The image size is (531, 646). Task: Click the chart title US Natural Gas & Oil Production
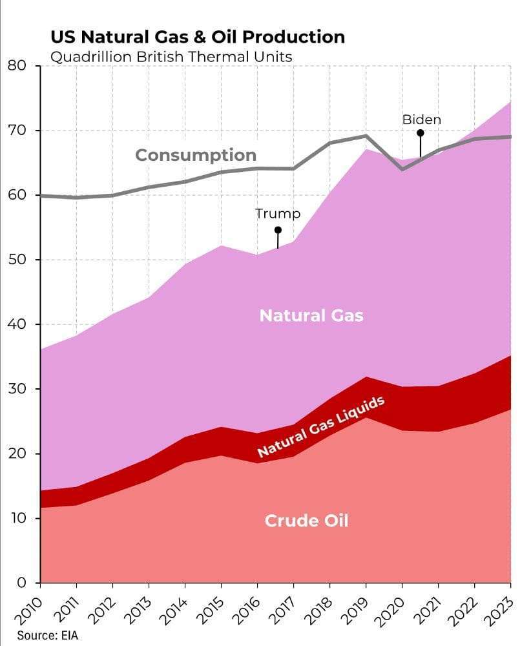pyautogui.click(x=197, y=37)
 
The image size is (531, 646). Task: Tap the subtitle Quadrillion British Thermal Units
pyautogui.click(x=171, y=57)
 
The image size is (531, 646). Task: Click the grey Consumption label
pyautogui.click(x=196, y=156)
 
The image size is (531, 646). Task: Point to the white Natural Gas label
pyautogui.click(x=311, y=316)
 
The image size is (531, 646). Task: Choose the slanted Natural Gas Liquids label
pyautogui.click(x=321, y=427)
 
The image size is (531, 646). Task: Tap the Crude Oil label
pyautogui.click(x=306, y=521)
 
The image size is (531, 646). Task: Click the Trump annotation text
pyautogui.click(x=278, y=213)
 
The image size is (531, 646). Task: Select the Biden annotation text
pyautogui.click(x=421, y=120)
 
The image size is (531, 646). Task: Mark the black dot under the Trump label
pyautogui.click(x=278, y=230)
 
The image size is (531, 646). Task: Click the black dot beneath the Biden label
pyautogui.click(x=421, y=133)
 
